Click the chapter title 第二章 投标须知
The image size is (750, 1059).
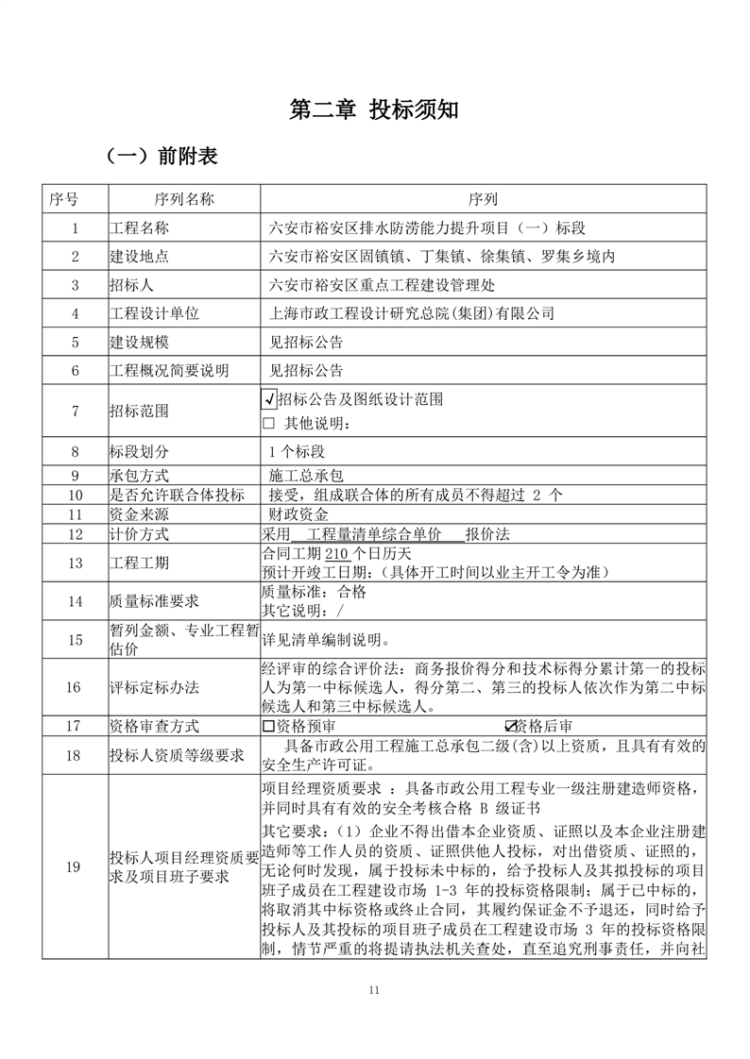374,109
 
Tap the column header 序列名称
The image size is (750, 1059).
184,199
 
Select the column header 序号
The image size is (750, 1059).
75,199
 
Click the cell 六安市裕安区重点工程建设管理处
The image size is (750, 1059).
382,285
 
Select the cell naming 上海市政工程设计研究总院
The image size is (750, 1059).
413,313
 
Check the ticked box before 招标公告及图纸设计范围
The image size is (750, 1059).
269,399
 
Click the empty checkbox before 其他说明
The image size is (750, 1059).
268,423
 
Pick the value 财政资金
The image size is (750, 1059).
299,514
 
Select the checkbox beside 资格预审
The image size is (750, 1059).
268,726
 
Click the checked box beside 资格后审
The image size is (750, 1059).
511,726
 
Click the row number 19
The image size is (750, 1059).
75,867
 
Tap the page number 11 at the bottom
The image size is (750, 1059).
374,990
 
